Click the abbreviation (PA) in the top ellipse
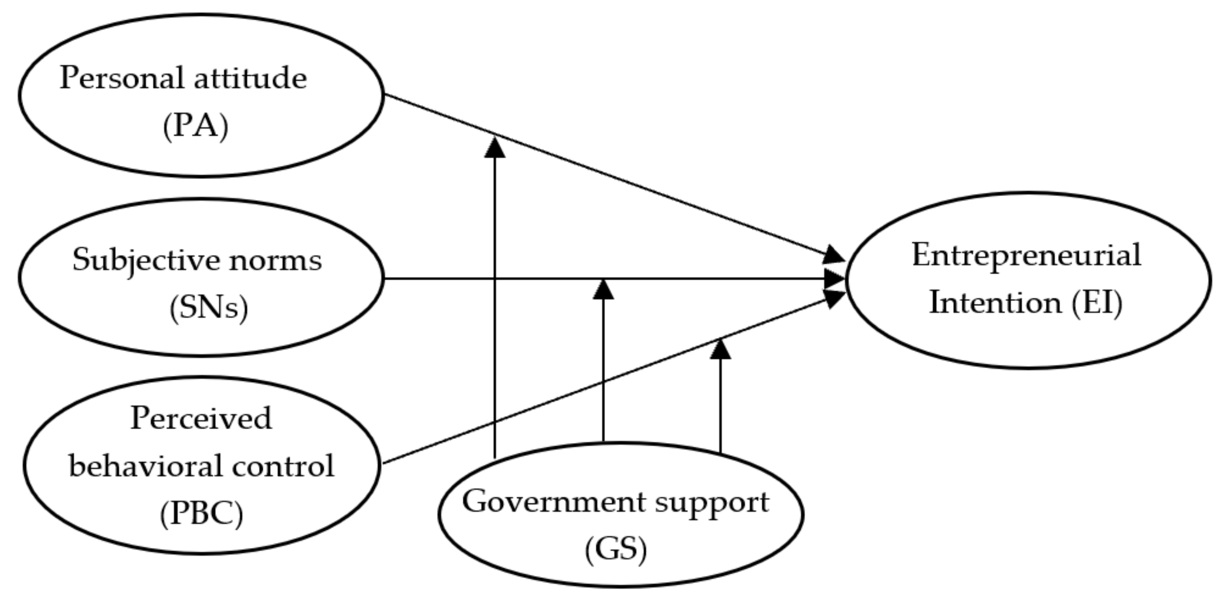tap(196, 127)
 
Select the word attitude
tap(250, 78)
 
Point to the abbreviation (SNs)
tap(209, 308)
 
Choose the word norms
tap(275, 261)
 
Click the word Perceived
tap(201, 419)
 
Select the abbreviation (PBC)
tap(202, 514)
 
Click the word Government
tap(554, 502)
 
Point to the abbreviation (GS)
tap(616, 550)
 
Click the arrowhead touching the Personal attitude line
tap(495, 148)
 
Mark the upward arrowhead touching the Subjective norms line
tap(603, 290)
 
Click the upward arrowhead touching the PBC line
tap(720, 350)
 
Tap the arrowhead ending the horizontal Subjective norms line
tap(834, 279)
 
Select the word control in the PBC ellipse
tap(276, 466)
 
